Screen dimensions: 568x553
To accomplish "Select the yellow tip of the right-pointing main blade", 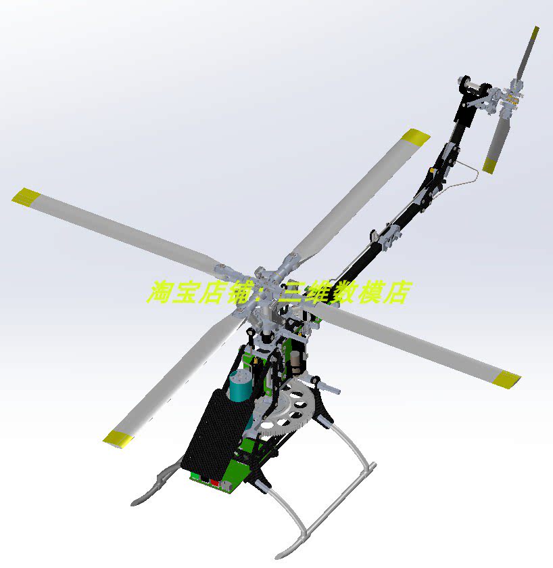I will [506, 380].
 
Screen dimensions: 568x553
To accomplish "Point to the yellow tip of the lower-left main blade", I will [118, 439].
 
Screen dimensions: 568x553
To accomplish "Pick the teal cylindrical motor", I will [239, 386].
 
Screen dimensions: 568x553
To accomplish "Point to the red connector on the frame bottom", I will [214, 483].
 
